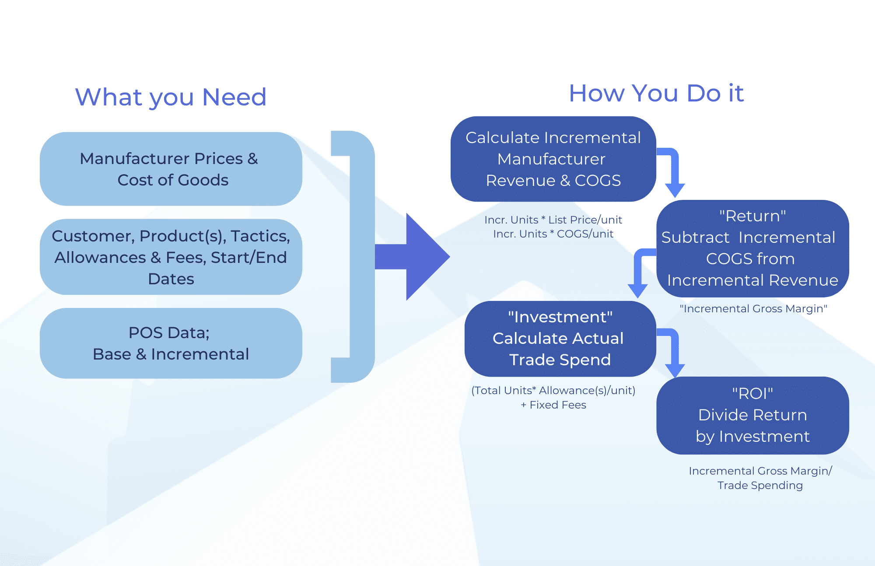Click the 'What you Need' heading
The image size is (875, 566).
pos(171,97)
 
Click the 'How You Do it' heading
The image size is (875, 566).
pos(656,93)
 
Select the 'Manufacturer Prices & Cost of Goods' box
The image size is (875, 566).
pos(171,169)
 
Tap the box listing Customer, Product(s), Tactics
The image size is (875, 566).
pos(171,257)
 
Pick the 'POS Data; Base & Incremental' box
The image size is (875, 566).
pos(171,343)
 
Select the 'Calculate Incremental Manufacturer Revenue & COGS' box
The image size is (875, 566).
pos(553,159)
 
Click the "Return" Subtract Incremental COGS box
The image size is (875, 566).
pos(752,248)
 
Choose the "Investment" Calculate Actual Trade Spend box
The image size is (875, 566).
pos(560,339)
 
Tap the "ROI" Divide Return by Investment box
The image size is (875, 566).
pos(752,415)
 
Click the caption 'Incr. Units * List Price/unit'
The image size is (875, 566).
pos(553,220)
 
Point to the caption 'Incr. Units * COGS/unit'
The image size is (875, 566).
pos(553,234)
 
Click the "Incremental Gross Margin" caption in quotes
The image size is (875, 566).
pos(753,309)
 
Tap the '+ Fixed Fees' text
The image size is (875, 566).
pos(553,405)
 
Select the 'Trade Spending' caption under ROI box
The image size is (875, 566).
pos(760,486)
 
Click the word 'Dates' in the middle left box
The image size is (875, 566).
pos(171,279)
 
